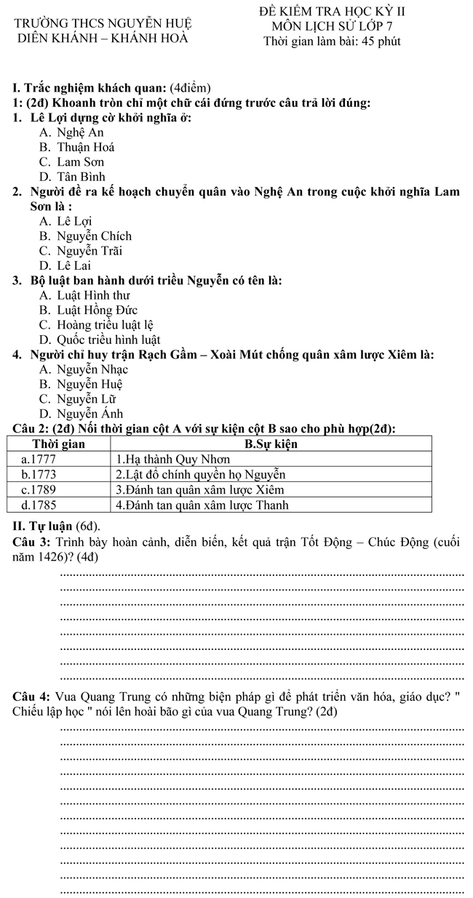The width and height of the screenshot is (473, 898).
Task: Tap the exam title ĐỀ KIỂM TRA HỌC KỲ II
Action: coord(332,12)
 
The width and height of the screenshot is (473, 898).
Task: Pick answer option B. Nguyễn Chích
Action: coord(85,236)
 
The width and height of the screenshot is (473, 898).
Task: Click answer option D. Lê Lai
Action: coord(69,265)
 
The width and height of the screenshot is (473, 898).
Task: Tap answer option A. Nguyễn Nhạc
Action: coord(84,369)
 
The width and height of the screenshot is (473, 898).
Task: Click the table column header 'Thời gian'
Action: coord(59,444)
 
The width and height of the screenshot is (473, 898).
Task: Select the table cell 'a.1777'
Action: coord(39,459)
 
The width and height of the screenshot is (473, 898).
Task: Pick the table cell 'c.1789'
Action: coord(39,489)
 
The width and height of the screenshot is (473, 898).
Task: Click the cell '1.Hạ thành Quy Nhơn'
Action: coord(172,459)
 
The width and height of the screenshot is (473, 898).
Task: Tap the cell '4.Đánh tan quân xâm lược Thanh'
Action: coord(202,505)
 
